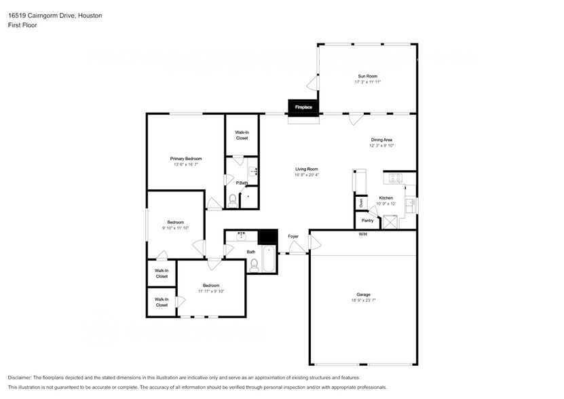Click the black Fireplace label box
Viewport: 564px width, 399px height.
(x=303, y=107)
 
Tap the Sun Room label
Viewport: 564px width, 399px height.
(x=367, y=76)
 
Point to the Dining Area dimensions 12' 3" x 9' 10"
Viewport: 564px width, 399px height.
(x=381, y=145)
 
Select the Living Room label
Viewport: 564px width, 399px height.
(x=306, y=169)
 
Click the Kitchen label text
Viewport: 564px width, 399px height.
(x=386, y=198)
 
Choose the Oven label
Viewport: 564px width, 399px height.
(x=361, y=202)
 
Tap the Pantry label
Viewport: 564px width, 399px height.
(x=367, y=221)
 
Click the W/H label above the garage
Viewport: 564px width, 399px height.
(x=363, y=234)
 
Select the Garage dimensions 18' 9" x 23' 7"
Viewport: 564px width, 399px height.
(x=364, y=300)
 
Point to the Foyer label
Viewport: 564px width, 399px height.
(x=293, y=236)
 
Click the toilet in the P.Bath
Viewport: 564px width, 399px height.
(x=233, y=199)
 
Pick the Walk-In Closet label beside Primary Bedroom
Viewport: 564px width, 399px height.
(x=242, y=135)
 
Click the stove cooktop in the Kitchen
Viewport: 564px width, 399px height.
(x=394, y=178)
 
